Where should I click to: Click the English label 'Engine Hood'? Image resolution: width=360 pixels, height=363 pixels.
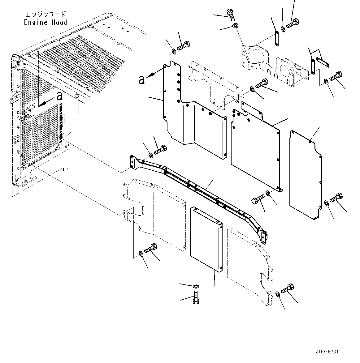coord(45,23)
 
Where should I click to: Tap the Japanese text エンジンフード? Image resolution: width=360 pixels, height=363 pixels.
coord(45,15)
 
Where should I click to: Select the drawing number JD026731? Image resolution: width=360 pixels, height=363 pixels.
coord(327,352)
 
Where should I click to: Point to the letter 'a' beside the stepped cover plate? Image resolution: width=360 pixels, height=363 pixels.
coord(141,80)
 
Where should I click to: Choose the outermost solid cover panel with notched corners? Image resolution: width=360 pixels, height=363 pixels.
coord(305,175)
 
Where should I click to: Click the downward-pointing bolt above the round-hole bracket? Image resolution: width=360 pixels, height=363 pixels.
coord(231,14)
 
